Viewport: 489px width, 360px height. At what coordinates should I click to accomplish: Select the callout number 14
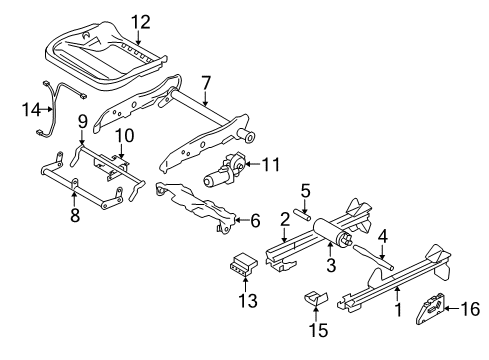pos(29,108)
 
